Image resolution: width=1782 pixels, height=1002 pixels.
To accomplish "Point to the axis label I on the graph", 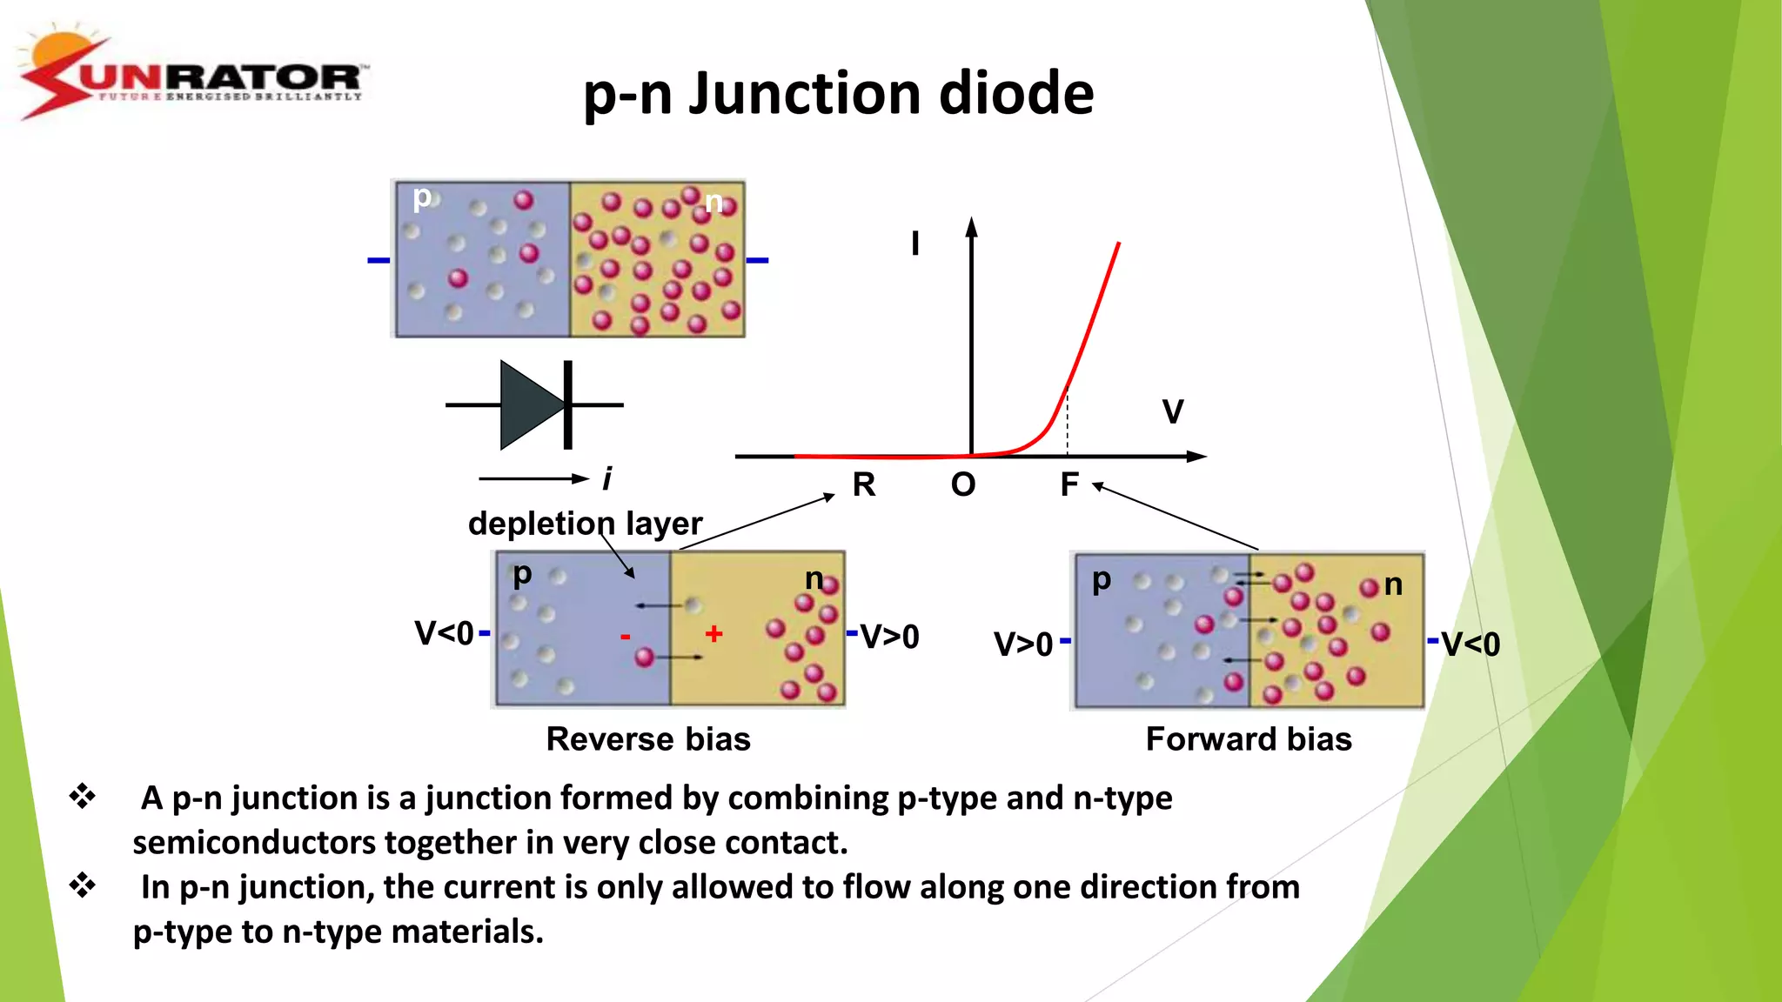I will tap(914, 244).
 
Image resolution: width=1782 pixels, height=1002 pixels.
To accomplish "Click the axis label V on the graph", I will tap(1172, 411).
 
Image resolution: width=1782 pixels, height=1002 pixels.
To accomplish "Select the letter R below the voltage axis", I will tap(863, 484).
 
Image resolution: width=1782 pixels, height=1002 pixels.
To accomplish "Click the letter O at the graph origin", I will tap(963, 484).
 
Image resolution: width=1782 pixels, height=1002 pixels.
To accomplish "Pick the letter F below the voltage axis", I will tap(1069, 484).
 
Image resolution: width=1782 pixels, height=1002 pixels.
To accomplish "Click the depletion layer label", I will tap(585, 524).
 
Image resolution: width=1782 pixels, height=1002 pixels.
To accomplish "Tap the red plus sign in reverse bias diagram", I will tap(713, 633).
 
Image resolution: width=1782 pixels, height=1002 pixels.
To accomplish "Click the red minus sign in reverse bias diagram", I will tap(625, 638).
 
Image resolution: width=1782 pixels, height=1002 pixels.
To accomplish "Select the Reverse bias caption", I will tap(648, 739).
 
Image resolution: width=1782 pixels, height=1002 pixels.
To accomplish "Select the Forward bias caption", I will tap(1249, 739).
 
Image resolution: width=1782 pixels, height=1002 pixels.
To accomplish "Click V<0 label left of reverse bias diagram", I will tap(444, 633).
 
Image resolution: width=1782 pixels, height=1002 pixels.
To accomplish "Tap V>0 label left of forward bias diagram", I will tap(1023, 645).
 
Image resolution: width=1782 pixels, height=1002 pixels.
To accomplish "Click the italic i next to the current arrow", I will tap(606, 478).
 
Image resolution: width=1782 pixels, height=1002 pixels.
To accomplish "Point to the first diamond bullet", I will tap(83, 796).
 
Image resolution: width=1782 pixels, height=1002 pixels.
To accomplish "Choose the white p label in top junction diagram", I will tap(422, 198).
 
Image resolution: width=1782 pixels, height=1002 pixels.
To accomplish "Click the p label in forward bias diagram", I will tap(1101, 579).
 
